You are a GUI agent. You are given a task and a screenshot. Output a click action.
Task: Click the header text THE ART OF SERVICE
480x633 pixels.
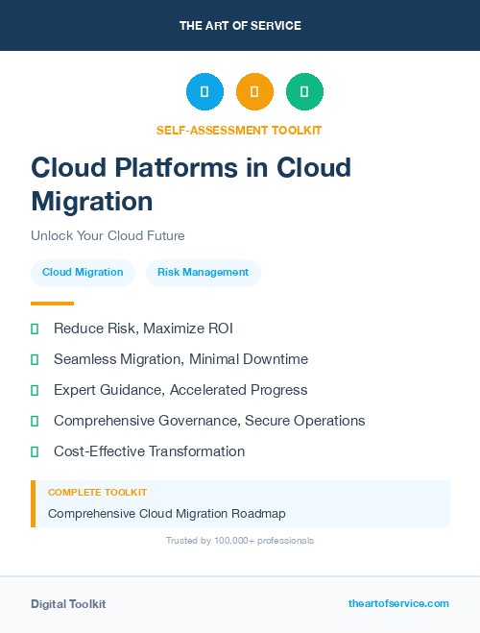pos(240,26)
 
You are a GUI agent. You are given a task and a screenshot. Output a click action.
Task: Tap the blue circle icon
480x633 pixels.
pos(204,92)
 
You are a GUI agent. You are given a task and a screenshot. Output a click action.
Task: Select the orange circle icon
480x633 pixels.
pos(254,92)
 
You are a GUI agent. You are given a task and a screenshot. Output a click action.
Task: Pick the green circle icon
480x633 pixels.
pos(304,92)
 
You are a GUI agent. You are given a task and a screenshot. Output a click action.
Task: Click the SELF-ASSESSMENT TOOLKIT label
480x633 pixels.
pos(239,130)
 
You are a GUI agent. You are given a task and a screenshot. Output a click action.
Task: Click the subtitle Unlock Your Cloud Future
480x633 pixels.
pos(108,235)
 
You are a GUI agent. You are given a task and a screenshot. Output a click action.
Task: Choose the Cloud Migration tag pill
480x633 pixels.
pos(83,272)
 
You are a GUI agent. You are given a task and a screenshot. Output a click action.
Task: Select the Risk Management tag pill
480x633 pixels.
pos(203,272)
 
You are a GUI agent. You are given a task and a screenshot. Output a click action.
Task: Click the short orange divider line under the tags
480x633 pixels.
pos(52,303)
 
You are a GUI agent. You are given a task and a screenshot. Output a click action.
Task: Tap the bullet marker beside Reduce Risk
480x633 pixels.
pos(35,329)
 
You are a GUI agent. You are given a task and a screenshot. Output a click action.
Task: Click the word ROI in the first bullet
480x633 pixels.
pos(219,329)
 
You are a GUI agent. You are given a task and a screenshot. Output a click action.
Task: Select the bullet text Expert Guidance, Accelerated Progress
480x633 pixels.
pos(180,390)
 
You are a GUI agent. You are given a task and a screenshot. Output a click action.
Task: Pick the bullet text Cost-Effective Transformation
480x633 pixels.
pos(149,451)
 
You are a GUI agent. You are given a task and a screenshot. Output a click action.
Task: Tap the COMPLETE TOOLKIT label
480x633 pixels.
pos(97,492)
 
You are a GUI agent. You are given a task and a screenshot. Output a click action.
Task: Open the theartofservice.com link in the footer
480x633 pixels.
pos(398,603)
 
